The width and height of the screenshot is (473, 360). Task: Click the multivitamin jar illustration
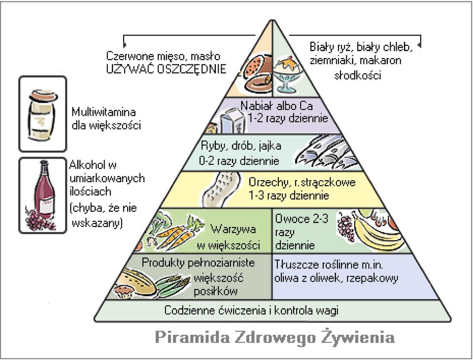pos(42,115)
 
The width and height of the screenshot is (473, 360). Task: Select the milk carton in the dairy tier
pos(231,121)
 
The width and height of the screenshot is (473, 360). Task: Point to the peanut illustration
pos(221,189)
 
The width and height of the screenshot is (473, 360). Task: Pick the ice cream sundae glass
pos(286,74)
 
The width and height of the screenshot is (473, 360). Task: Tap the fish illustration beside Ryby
pos(326,152)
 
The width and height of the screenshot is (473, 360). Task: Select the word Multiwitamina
pos(103,112)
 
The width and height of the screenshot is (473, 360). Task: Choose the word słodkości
pos(358,75)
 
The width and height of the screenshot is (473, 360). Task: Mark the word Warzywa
pos(233,229)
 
